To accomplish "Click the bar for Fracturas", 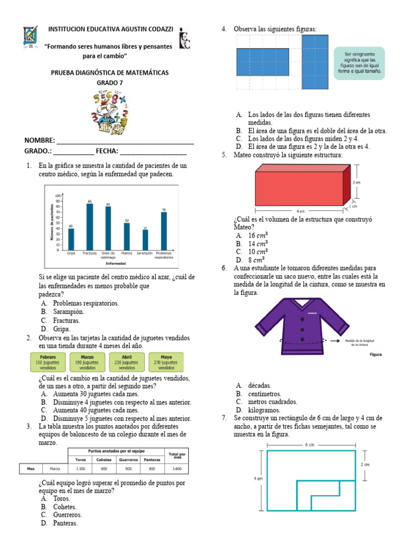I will (90, 227).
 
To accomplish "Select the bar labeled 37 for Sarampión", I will (145, 240).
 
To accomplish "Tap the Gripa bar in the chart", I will (71, 239).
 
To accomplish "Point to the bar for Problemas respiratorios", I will (164, 231).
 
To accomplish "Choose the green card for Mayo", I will (166, 362).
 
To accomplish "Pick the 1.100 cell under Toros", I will (81, 469).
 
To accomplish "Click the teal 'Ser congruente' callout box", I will (359, 63).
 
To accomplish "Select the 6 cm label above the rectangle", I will (310, 445).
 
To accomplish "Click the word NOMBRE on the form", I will (39, 141).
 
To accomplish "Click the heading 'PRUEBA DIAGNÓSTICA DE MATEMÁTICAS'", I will (110, 72).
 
